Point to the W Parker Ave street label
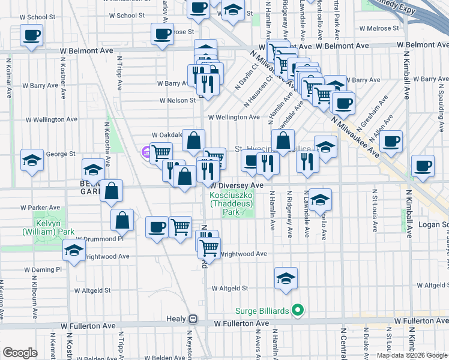40,208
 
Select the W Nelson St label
178,101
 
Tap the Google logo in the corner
20,352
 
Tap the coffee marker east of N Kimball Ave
422,165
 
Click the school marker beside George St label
32,160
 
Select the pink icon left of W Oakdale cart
145,153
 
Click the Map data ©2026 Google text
412,355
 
